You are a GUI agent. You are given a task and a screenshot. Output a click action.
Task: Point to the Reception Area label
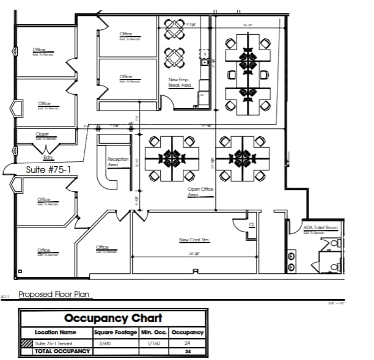117,162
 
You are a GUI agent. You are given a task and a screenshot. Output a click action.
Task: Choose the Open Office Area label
200,192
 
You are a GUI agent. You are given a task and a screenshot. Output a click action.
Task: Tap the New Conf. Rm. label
194,240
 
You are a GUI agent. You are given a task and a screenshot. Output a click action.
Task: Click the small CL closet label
251,224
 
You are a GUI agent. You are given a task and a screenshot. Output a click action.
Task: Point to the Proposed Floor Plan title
54,295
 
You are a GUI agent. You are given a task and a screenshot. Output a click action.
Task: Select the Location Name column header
56,332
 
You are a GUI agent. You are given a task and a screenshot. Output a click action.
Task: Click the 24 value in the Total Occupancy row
187,351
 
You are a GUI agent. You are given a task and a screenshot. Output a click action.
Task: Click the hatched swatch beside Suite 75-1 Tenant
25,344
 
